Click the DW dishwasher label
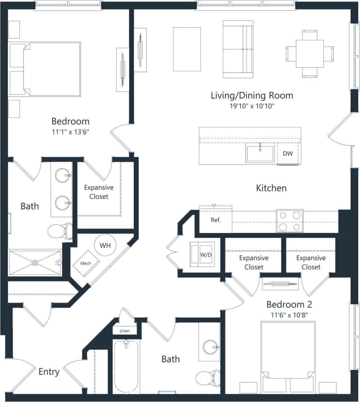[x=287, y=154]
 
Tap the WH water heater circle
[x=105, y=245]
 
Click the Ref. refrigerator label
[x=215, y=220]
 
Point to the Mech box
[x=85, y=263]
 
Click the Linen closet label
[x=124, y=331]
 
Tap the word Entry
[x=49, y=372]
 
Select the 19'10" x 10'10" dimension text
[x=252, y=106]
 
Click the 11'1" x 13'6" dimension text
[x=70, y=131]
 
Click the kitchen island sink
[x=260, y=154]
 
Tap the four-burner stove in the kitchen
[x=290, y=221]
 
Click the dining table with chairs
[x=309, y=54]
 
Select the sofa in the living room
[x=237, y=49]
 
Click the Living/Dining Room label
[x=252, y=95]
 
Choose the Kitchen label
[x=271, y=188]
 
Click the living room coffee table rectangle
[x=187, y=49]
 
